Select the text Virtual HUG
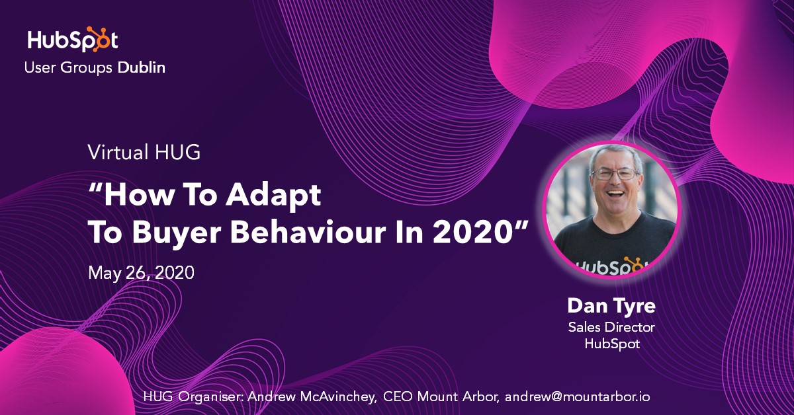pos(144,153)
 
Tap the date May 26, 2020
pos(141,272)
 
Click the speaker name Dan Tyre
pos(611,307)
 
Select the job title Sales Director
pos(611,327)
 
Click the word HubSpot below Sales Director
pos(611,344)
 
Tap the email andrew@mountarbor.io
pos(577,397)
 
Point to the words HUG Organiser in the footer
pos(189,397)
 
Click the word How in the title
pos(138,196)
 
